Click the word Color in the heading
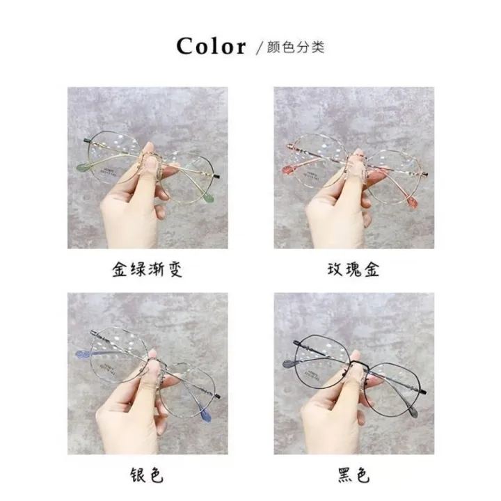click(x=211, y=47)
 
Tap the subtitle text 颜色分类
click(x=295, y=47)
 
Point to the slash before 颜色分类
click(x=259, y=48)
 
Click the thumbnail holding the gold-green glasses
click(x=148, y=168)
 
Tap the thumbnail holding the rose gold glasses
click(x=353, y=168)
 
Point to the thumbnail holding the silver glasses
click(x=148, y=374)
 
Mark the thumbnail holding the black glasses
click(x=353, y=374)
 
